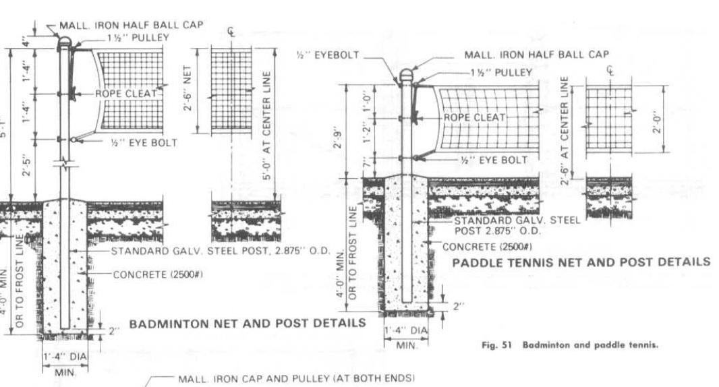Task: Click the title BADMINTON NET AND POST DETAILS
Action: coord(247,323)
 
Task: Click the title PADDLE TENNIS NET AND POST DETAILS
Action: coord(581,262)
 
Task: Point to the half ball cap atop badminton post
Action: coord(64,42)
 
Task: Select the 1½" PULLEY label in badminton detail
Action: coord(138,38)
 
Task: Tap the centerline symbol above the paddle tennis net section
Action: coord(610,70)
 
